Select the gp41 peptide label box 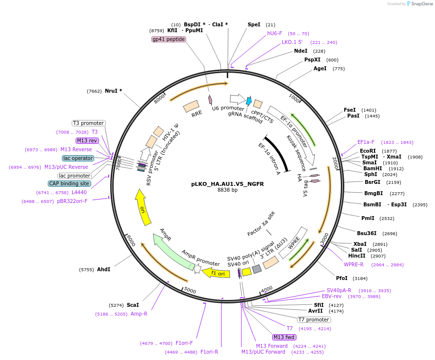tap(169, 39)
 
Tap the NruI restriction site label tap(113, 91)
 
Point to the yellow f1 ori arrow tap(216, 273)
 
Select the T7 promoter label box tap(314, 320)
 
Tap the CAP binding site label tap(69, 184)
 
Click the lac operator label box tap(78, 158)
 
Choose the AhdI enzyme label tap(104, 269)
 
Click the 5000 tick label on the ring tap(189, 291)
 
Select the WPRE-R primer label tap(354, 264)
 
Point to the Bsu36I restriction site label tap(367, 233)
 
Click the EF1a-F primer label tap(366, 142)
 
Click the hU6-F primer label tap(275, 33)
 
